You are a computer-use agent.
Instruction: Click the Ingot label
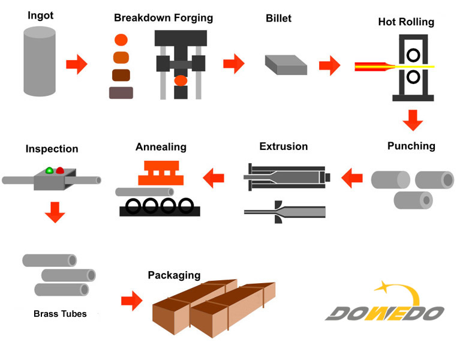[40, 15]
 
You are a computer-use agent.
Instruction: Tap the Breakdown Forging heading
[163, 18]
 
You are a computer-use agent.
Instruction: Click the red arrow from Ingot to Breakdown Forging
[76, 64]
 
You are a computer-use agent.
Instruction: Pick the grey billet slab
[285, 64]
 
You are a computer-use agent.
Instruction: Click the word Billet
[278, 18]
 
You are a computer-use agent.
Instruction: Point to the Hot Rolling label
[406, 22]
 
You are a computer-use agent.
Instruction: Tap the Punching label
[411, 146]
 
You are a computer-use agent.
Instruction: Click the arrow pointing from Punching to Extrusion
[352, 177]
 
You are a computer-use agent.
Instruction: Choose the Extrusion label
[283, 146]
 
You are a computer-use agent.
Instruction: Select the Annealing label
[161, 147]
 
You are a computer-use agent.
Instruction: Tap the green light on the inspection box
[49, 170]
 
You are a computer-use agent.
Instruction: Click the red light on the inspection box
[60, 170]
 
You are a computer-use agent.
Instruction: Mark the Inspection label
[52, 149]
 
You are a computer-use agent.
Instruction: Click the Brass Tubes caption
[59, 314]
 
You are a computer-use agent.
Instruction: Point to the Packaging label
[174, 275]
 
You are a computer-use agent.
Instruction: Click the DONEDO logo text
[384, 313]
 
